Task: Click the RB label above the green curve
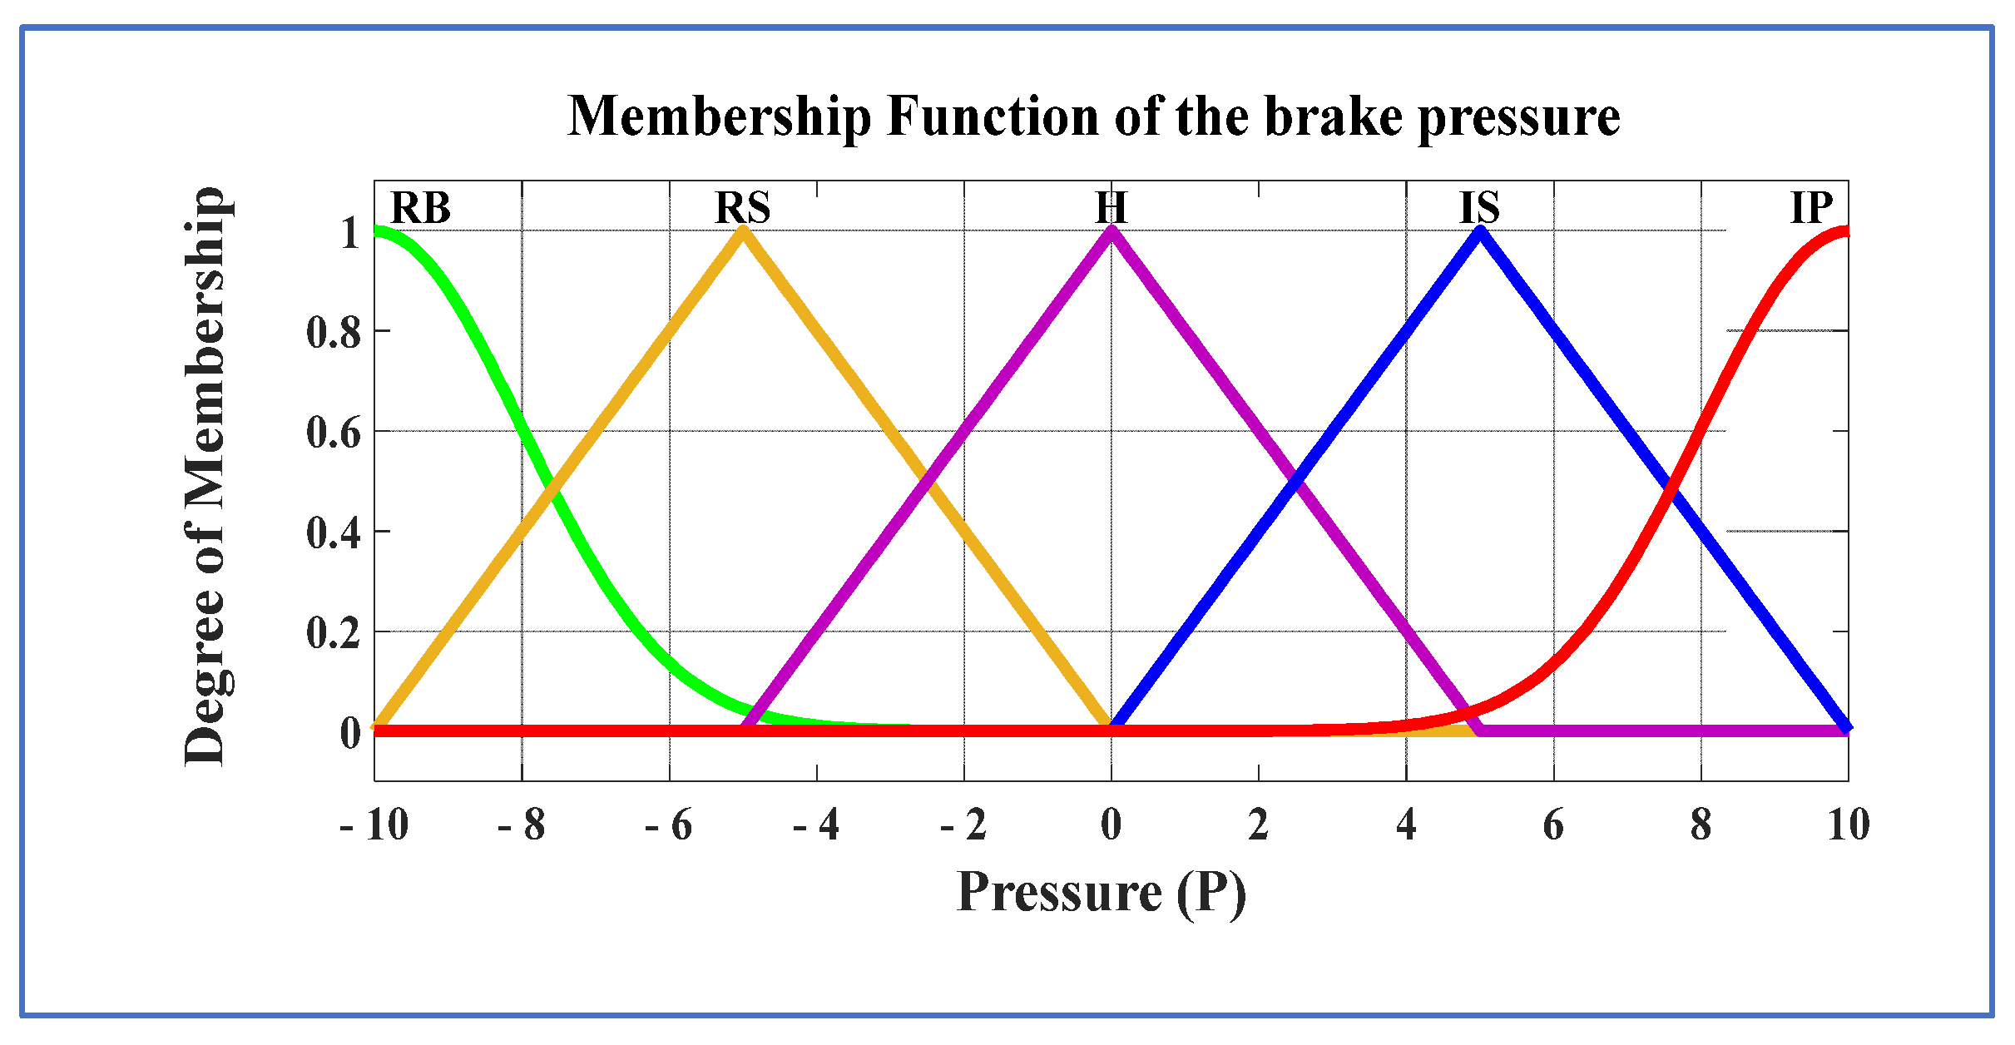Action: (420, 208)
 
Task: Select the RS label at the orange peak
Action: (743, 208)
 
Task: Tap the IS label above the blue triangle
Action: (1480, 208)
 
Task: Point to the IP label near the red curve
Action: (1811, 208)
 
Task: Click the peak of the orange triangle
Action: (743, 231)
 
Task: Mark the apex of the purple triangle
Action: (1111, 231)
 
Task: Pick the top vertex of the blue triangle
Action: (1480, 231)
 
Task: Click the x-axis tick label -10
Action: (374, 825)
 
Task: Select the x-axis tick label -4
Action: (816, 825)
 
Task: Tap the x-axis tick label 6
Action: (1553, 825)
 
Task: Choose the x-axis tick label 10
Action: (1848, 825)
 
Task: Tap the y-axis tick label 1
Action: (350, 233)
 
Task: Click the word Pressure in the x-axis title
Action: (1059, 893)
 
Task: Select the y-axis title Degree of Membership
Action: (205, 476)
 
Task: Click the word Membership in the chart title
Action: (720, 116)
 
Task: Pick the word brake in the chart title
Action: (1334, 116)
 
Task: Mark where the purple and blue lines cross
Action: (1295, 482)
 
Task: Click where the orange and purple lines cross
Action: (927, 482)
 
